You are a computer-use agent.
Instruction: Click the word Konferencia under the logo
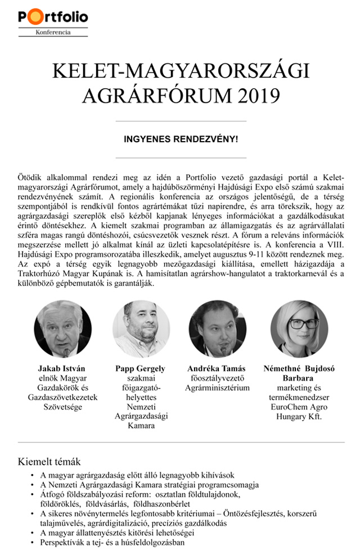tap(53, 33)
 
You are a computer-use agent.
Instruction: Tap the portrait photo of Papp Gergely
tap(141, 329)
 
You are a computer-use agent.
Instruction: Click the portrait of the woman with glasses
tap(299, 329)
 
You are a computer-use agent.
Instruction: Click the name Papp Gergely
tap(141, 369)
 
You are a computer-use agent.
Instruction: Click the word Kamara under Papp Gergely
tap(141, 426)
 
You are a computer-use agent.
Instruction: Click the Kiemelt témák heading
tap(49, 461)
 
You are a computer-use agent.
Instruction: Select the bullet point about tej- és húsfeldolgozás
tap(113, 543)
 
